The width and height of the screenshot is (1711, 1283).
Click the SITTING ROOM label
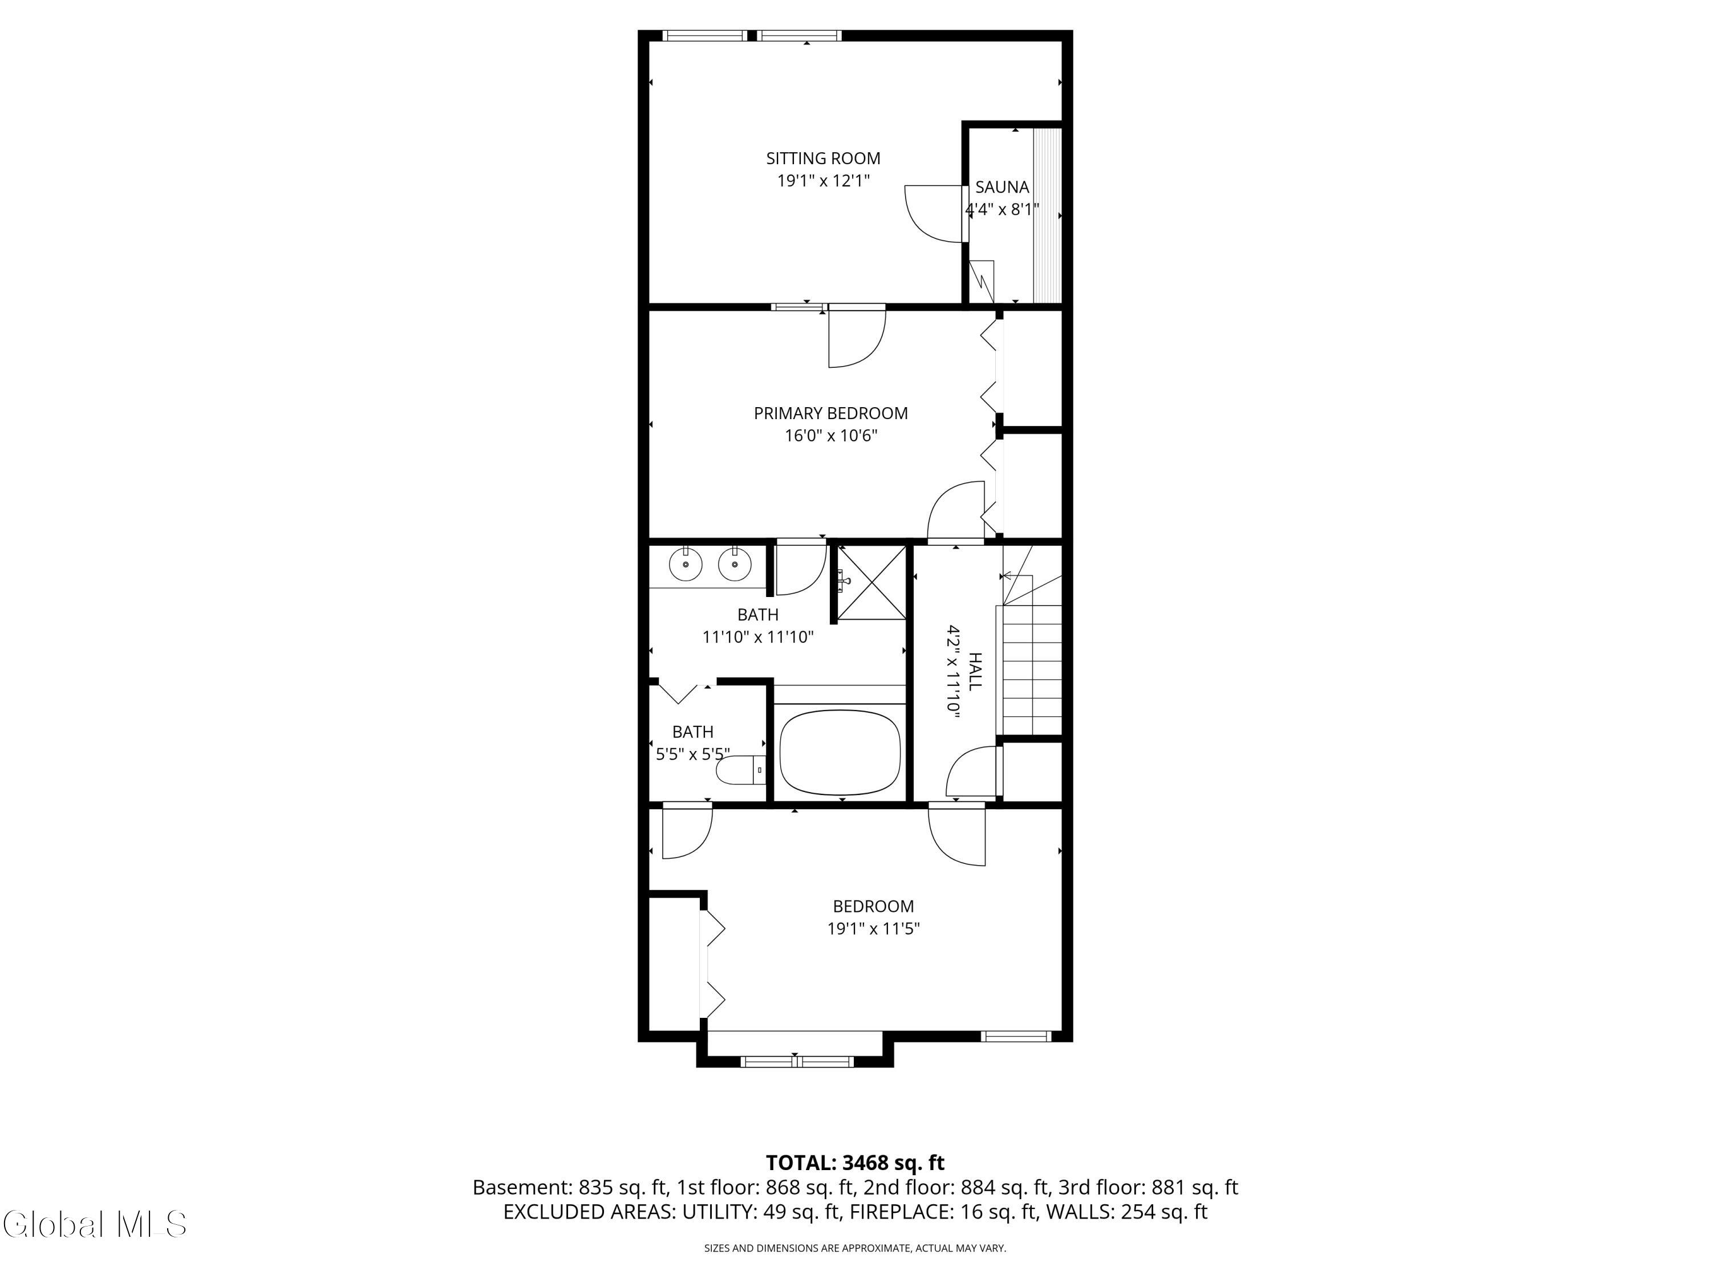coord(823,159)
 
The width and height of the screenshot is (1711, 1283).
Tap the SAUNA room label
coord(1002,187)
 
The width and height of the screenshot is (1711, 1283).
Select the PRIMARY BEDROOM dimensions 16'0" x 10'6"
coord(831,436)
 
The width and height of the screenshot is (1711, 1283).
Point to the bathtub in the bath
coord(840,753)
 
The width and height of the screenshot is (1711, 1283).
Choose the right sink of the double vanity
coord(735,565)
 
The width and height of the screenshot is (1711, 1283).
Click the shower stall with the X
coord(871,582)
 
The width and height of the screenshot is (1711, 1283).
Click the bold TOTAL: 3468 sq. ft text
coord(855,1162)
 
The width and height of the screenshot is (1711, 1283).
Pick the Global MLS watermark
coord(94,1224)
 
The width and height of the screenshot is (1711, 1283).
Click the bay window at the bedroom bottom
coord(797,1062)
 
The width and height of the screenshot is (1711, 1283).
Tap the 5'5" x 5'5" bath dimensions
coord(693,754)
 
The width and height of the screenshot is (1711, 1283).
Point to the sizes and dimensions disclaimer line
coord(855,1248)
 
